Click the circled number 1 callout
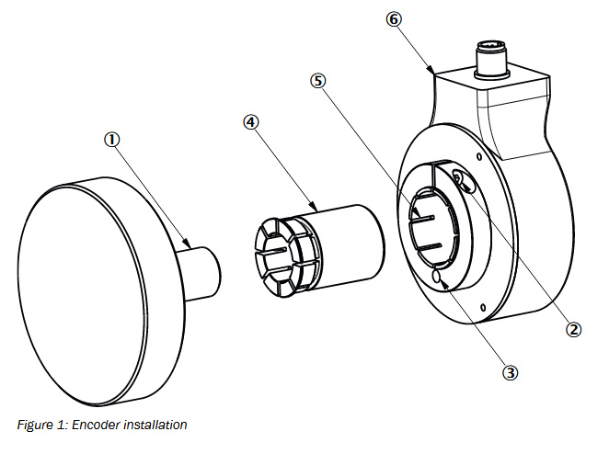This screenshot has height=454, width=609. click(x=112, y=140)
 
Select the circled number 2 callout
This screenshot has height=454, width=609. click(x=574, y=329)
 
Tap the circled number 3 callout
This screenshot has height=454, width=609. click(x=511, y=373)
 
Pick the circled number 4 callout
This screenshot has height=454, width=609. click(x=250, y=122)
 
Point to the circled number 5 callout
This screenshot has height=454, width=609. click(x=318, y=81)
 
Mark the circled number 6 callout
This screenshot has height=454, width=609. click(x=394, y=19)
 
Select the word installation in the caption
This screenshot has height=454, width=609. click(x=155, y=425)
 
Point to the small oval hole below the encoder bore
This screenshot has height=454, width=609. click(x=436, y=277)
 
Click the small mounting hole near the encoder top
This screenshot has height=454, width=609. click(x=479, y=157)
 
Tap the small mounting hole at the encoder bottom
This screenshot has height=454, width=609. click(x=483, y=308)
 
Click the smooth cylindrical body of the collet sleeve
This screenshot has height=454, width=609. click(x=350, y=246)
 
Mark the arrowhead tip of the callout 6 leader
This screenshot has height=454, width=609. click(x=434, y=73)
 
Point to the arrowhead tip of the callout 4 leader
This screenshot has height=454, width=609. click(x=317, y=210)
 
